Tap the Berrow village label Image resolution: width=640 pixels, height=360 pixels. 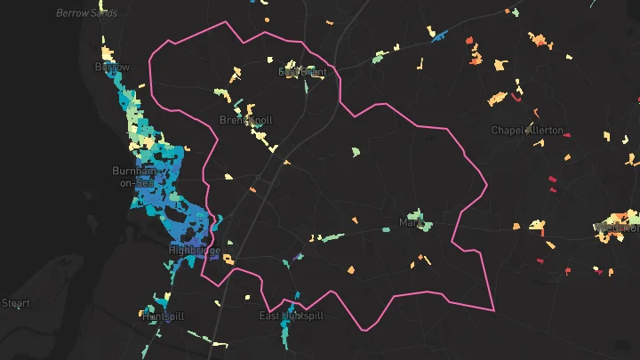click(x=113, y=67)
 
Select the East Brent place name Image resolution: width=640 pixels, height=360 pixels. click(x=302, y=72)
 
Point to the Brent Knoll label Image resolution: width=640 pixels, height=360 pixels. click(x=246, y=119)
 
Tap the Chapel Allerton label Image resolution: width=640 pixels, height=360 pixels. click(x=527, y=130)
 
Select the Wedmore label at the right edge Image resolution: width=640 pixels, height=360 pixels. click(x=620, y=228)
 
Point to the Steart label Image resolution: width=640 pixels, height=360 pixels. click(x=15, y=303)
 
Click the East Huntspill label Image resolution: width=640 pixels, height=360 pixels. click(x=292, y=316)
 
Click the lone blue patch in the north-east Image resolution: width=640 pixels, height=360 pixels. click(x=438, y=35)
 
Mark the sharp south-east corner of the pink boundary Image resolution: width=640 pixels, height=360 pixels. click(x=493, y=310)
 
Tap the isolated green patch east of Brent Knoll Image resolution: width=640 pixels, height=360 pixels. click(x=356, y=152)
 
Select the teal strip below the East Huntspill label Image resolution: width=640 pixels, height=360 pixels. click(x=285, y=332)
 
